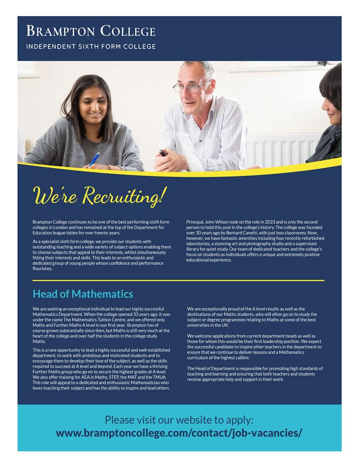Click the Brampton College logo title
coord(90,31)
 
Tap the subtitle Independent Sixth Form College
coord(91,46)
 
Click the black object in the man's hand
coord(163,153)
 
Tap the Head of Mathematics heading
coord(83,294)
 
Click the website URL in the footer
coord(179,433)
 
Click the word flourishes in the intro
coord(42,269)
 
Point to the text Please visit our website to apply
coord(179,419)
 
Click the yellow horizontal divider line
coord(178,280)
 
